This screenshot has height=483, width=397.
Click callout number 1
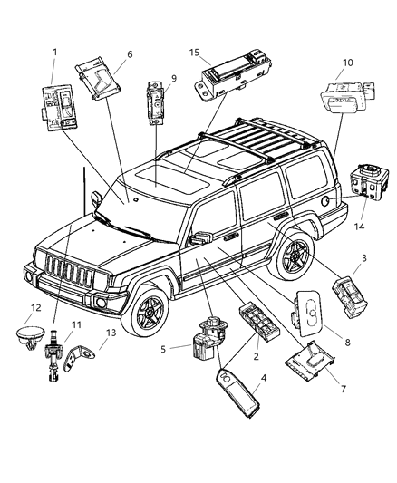pos(55,53)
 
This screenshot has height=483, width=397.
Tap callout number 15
pos(196,53)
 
